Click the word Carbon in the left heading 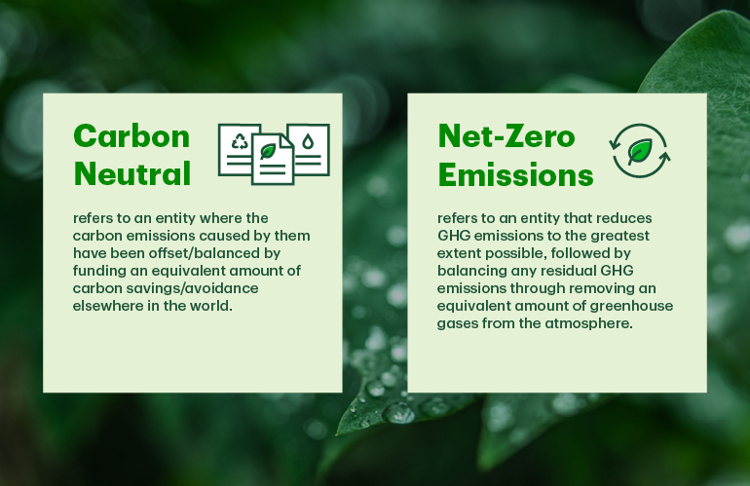[131, 136]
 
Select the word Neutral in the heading [132, 173]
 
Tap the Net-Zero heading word [506, 136]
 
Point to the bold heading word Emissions [515, 174]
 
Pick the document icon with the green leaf [273, 159]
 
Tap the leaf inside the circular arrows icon [640, 151]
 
